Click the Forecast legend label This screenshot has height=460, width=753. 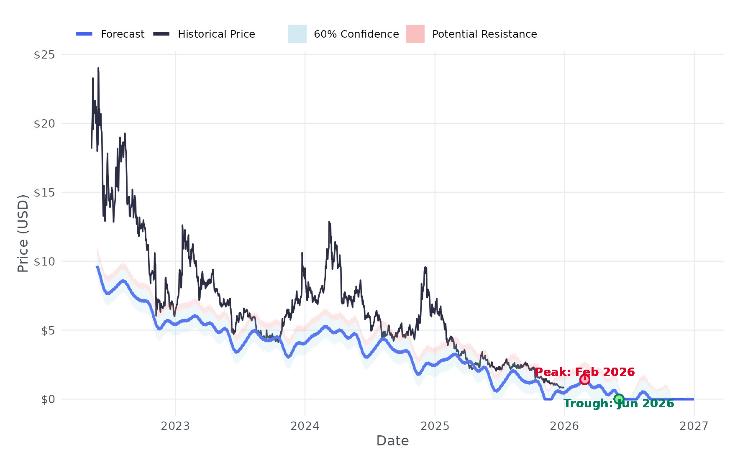(x=123, y=34)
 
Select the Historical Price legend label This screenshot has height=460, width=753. (x=216, y=34)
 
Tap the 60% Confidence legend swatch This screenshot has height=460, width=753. (x=297, y=34)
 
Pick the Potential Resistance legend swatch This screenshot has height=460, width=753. (x=415, y=34)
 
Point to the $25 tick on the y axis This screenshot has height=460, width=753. (x=44, y=54)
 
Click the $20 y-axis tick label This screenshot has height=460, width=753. (x=44, y=123)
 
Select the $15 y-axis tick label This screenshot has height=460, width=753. (x=44, y=192)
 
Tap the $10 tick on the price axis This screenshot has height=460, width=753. (x=44, y=261)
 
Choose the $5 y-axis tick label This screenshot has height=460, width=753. (x=48, y=330)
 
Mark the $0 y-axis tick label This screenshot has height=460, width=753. (x=48, y=399)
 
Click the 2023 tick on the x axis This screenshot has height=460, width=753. (x=175, y=426)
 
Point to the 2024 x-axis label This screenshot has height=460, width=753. (x=305, y=426)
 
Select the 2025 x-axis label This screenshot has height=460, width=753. (x=435, y=426)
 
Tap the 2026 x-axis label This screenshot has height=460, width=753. (x=564, y=426)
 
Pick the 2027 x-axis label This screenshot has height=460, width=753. (x=694, y=426)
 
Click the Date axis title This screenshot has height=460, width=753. (x=392, y=441)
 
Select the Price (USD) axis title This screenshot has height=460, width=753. (x=23, y=233)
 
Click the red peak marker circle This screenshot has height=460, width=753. (x=585, y=379)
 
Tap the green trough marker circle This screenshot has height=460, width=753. (x=619, y=399)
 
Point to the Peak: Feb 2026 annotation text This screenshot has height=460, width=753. (x=584, y=372)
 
